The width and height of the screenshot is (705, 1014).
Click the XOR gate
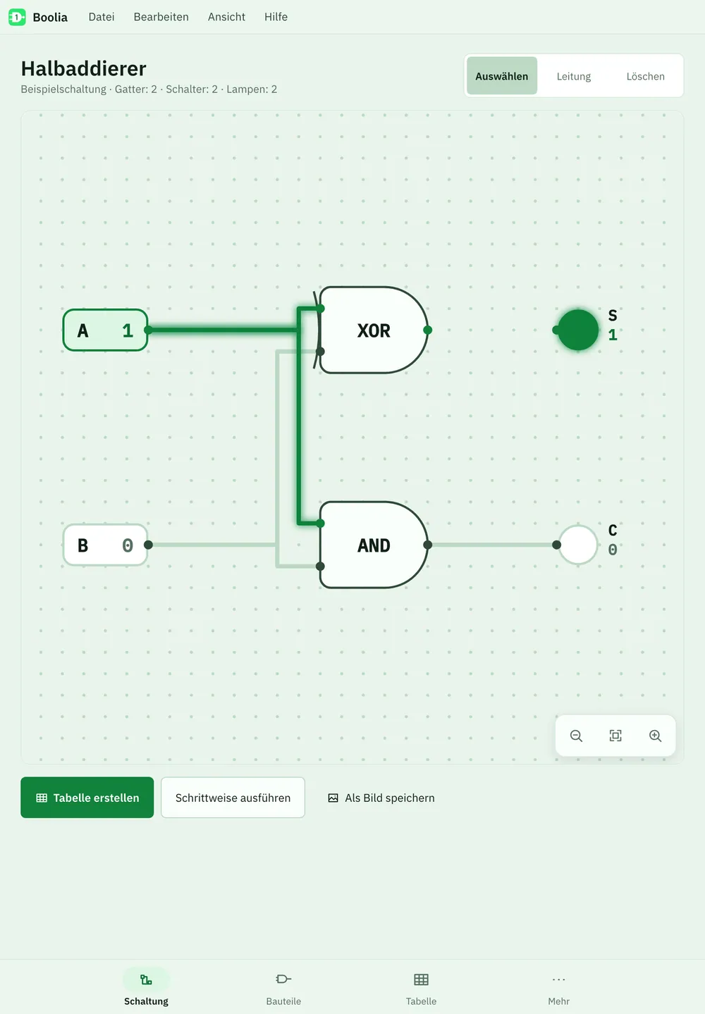(x=374, y=330)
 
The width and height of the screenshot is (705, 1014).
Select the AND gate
(x=374, y=545)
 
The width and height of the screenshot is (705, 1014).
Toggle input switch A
(x=106, y=330)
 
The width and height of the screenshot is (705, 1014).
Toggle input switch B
(x=106, y=545)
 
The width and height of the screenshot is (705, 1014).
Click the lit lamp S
(x=578, y=330)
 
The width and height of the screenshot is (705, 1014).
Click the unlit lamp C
(x=578, y=545)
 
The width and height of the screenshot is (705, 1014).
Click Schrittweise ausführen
(x=233, y=798)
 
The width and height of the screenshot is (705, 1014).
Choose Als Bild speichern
(x=381, y=798)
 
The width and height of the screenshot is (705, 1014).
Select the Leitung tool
(x=574, y=76)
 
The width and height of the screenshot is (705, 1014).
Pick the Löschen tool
(x=645, y=76)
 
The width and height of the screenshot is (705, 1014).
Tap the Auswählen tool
(x=502, y=76)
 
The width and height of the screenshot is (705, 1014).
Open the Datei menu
(x=102, y=17)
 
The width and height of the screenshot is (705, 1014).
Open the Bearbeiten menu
(x=161, y=17)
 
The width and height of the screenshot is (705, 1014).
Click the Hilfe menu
(x=276, y=17)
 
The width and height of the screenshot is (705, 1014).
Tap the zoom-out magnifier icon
(x=576, y=736)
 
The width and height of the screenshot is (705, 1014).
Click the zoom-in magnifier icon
(x=655, y=736)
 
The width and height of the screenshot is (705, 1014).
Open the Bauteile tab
(x=283, y=987)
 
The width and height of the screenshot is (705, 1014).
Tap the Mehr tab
(x=558, y=987)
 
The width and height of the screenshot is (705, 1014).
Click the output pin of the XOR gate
(x=427, y=330)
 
